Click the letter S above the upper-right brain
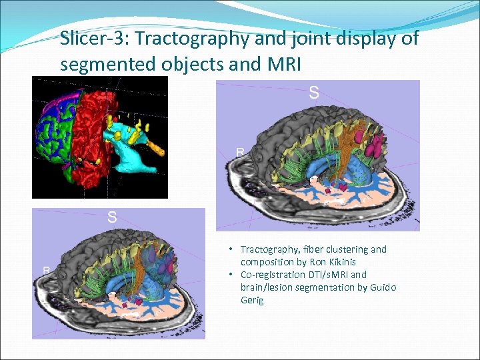(313, 93)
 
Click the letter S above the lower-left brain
(113, 217)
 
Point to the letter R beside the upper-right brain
(240, 152)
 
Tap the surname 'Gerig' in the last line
(252, 300)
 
